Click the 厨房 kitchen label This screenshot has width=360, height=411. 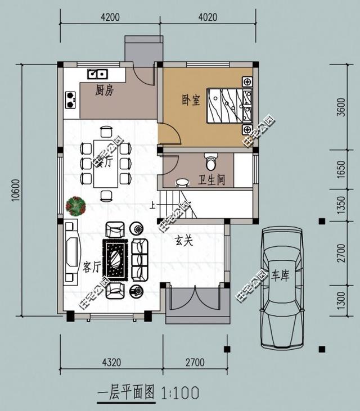pyautogui.click(x=105, y=90)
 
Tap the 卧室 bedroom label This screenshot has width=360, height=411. pyautogui.click(x=191, y=100)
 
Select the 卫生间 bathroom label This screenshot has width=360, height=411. pyautogui.click(x=211, y=180)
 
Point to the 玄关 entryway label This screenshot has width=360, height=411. pyautogui.click(x=184, y=241)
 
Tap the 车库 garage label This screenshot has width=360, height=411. pyautogui.click(x=280, y=275)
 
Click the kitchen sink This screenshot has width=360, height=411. pyautogui.click(x=97, y=73)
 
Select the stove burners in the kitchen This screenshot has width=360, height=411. pyautogui.click(x=71, y=100)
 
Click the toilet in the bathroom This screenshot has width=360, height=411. pyautogui.click(x=211, y=162)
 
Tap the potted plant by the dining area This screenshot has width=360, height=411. pyautogui.click(x=75, y=206)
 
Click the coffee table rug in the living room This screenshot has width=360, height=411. pyautogui.click(x=116, y=259)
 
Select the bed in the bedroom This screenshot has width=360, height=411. pyautogui.click(x=229, y=105)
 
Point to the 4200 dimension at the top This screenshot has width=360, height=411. pyautogui.click(x=110, y=17)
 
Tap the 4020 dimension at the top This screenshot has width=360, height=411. pyautogui.click(x=208, y=17)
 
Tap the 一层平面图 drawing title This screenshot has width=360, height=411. pyautogui.click(x=126, y=392)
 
